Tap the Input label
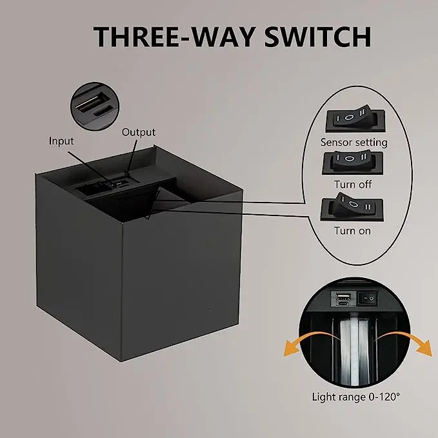click(61, 141)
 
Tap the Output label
click(139, 132)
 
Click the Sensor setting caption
click(353, 142)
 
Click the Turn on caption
click(352, 230)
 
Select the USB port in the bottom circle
click(342, 297)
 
